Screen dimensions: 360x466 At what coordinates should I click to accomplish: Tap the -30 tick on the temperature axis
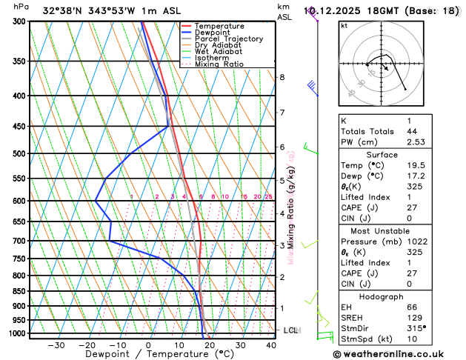coord(56,344)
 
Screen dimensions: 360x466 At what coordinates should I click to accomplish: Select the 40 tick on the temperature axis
coord(271,344)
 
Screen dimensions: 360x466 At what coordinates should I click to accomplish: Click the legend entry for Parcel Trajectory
coord(228,39)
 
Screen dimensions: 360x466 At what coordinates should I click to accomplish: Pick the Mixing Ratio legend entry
coord(219,64)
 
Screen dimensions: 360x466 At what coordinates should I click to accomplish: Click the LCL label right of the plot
coord(290,330)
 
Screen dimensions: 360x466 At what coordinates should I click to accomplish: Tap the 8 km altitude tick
coord(282,77)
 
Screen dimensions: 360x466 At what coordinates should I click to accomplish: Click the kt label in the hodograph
coord(344,25)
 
